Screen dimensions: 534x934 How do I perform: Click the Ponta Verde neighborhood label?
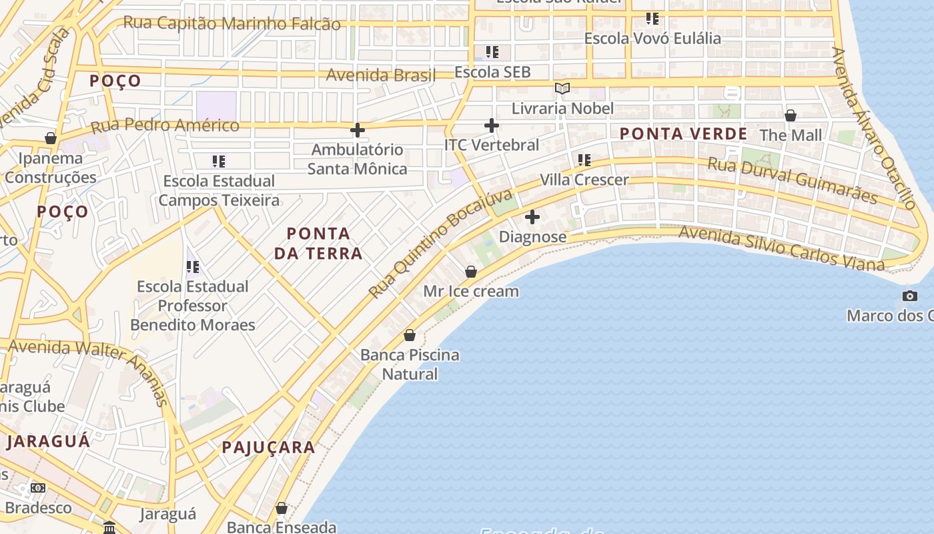(x=683, y=133)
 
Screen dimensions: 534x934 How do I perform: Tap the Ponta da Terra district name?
(x=318, y=243)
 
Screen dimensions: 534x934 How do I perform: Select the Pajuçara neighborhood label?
(x=268, y=447)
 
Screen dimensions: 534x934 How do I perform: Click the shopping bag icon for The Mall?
(x=791, y=115)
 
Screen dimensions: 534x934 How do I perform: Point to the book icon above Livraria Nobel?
(x=562, y=88)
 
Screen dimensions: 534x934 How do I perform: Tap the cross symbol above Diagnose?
(x=532, y=217)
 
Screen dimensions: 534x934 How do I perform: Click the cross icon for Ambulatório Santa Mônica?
(x=358, y=130)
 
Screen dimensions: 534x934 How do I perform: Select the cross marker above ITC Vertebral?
(x=492, y=125)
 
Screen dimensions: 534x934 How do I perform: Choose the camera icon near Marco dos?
(x=910, y=296)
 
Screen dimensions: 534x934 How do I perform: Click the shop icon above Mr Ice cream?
(x=471, y=272)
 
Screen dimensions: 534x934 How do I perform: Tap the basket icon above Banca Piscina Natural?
(x=410, y=335)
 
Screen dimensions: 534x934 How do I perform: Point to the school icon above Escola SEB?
(x=492, y=52)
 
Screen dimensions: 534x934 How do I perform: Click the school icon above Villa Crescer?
(x=584, y=160)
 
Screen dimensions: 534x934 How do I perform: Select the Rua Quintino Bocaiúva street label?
(x=441, y=244)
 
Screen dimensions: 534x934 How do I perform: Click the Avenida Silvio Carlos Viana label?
(x=781, y=248)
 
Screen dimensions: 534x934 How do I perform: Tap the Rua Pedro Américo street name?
(x=165, y=125)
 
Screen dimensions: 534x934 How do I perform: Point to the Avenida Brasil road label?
(x=380, y=75)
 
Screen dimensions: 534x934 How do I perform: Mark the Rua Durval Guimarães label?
(x=792, y=180)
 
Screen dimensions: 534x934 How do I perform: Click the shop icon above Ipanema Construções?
(x=51, y=138)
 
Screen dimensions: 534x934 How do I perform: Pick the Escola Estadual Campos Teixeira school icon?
(x=219, y=162)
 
